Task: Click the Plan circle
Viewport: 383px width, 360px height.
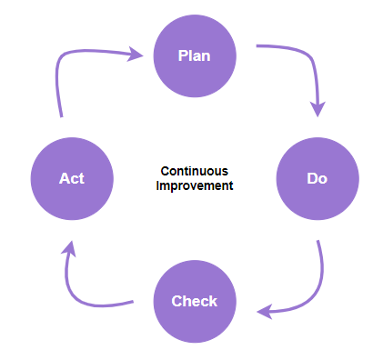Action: [194, 55]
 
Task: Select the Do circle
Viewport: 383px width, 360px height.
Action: [316, 178]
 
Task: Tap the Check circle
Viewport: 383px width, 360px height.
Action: [194, 301]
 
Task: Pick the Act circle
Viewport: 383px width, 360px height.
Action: [71, 178]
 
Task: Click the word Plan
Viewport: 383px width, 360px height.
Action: [194, 56]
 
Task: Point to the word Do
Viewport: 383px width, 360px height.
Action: [317, 178]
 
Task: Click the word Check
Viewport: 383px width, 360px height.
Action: [194, 301]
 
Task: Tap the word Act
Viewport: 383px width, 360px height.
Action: [72, 178]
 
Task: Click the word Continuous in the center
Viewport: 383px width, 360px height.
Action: [194, 171]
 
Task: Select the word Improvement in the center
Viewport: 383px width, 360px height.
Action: [194, 185]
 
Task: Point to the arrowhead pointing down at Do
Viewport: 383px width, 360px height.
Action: [317, 109]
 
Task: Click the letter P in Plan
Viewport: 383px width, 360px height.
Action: [182, 56]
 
